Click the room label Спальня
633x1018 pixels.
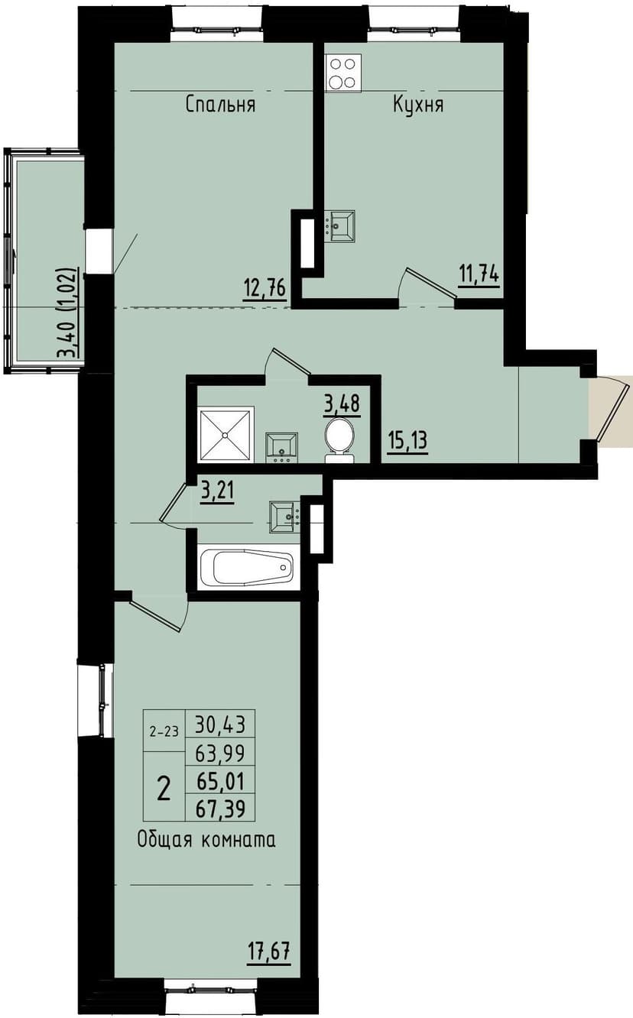(x=220, y=105)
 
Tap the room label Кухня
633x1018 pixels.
(x=418, y=105)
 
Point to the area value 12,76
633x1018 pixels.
(x=265, y=289)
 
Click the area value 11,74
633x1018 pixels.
(x=479, y=273)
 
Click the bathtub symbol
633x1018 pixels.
(x=246, y=567)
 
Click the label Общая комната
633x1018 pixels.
(x=206, y=840)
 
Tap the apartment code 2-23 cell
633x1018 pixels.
(x=164, y=731)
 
